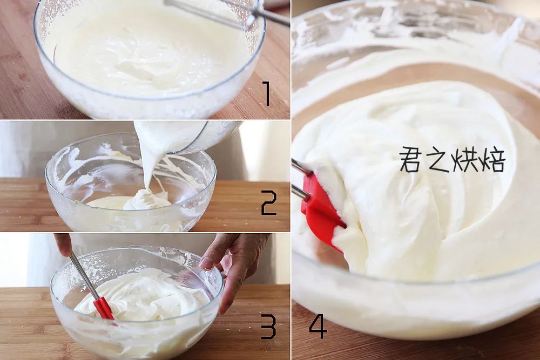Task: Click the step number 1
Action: coord(266,93)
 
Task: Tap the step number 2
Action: coord(268,203)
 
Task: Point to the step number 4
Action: coord(318,327)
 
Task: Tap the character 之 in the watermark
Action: coord(436,160)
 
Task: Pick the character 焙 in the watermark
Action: coord(492,160)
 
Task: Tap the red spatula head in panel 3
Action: coord(104,309)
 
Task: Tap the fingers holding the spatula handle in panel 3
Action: coord(63,244)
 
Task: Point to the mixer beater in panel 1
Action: coord(227,11)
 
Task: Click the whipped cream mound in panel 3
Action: coord(141,296)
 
